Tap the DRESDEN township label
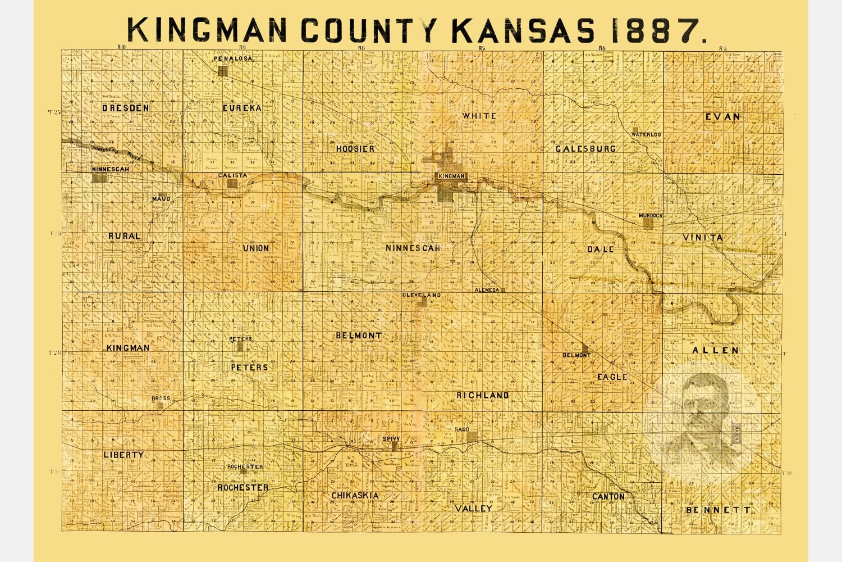pyautogui.click(x=126, y=107)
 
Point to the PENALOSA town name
pyautogui.click(x=232, y=58)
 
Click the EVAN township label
pyautogui.click(x=722, y=116)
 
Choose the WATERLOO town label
pyautogui.click(x=646, y=135)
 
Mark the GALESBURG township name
pyautogui.click(x=585, y=149)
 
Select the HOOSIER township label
pyautogui.click(x=355, y=149)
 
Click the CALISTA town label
pyautogui.click(x=232, y=175)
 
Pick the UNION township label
pyautogui.click(x=255, y=248)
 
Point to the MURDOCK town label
pyautogui.click(x=651, y=216)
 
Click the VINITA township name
pyautogui.click(x=702, y=238)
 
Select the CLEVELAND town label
pyautogui.click(x=421, y=295)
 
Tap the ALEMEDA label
pyautogui.click(x=487, y=290)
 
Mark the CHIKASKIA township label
pyautogui.click(x=355, y=496)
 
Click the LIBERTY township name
pyautogui.click(x=123, y=454)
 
